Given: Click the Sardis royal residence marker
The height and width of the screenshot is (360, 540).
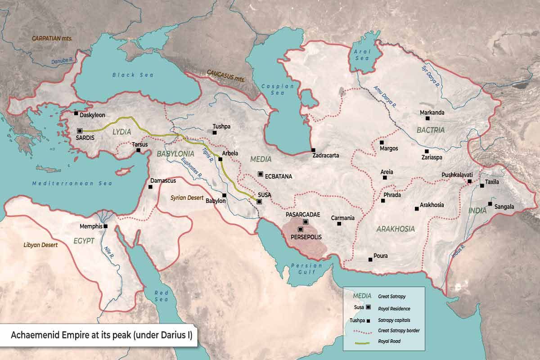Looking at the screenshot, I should coord(80,130).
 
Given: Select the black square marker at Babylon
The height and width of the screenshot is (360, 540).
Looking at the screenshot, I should coord(224,195).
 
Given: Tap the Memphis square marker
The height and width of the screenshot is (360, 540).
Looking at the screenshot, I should coord(105,226).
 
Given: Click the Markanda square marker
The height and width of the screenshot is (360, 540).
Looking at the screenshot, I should coord(427,118).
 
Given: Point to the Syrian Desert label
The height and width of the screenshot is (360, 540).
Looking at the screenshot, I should coord(188,198).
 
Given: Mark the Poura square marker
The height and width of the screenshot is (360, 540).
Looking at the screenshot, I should coord(370,259).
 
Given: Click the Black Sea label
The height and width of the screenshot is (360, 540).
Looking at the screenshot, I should coord(126,75).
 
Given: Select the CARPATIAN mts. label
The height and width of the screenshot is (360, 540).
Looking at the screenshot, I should coord(52,38).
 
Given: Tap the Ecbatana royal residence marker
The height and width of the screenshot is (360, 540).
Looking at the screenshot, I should coord(260,174).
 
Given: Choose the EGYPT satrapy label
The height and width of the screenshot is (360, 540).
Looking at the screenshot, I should coord(84,241).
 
